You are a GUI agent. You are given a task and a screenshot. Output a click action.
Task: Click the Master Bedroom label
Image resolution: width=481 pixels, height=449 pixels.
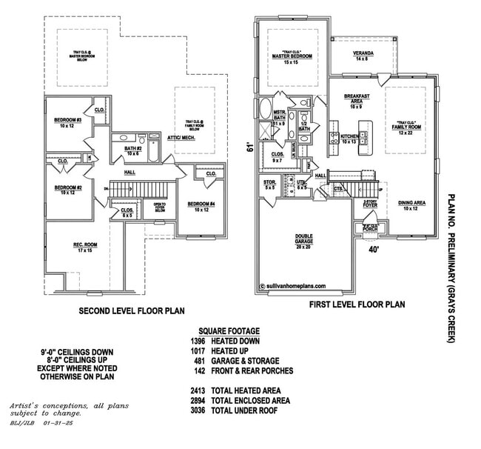click(x=290, y=57)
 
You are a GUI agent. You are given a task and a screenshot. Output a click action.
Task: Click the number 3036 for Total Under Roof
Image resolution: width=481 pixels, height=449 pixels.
click(x=200, y=410)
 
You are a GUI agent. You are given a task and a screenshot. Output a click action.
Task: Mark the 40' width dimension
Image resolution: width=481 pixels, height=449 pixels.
click(x=374, y=250)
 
